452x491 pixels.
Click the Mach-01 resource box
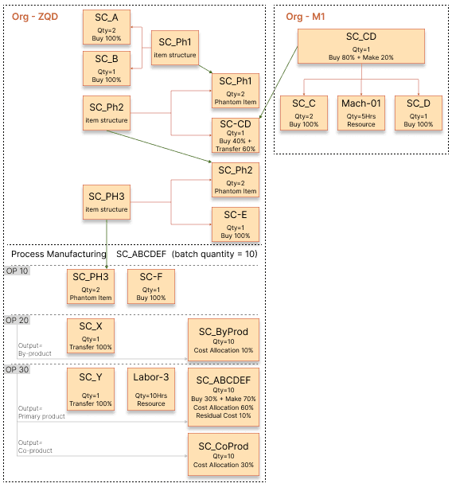361,113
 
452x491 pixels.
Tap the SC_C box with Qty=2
303,113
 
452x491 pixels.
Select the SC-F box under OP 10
150,287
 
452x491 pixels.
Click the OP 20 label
18,320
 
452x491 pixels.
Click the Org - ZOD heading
34,16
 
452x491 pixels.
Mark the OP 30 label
18,370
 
